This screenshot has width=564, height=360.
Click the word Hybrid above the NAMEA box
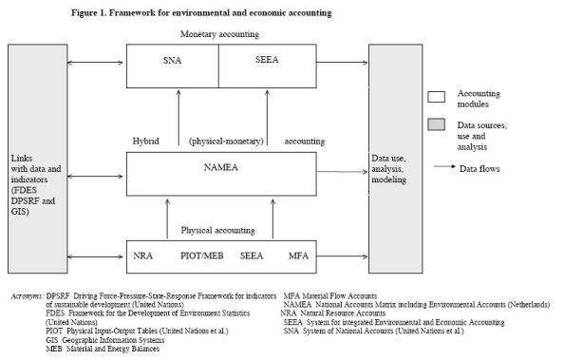point(146,140)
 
